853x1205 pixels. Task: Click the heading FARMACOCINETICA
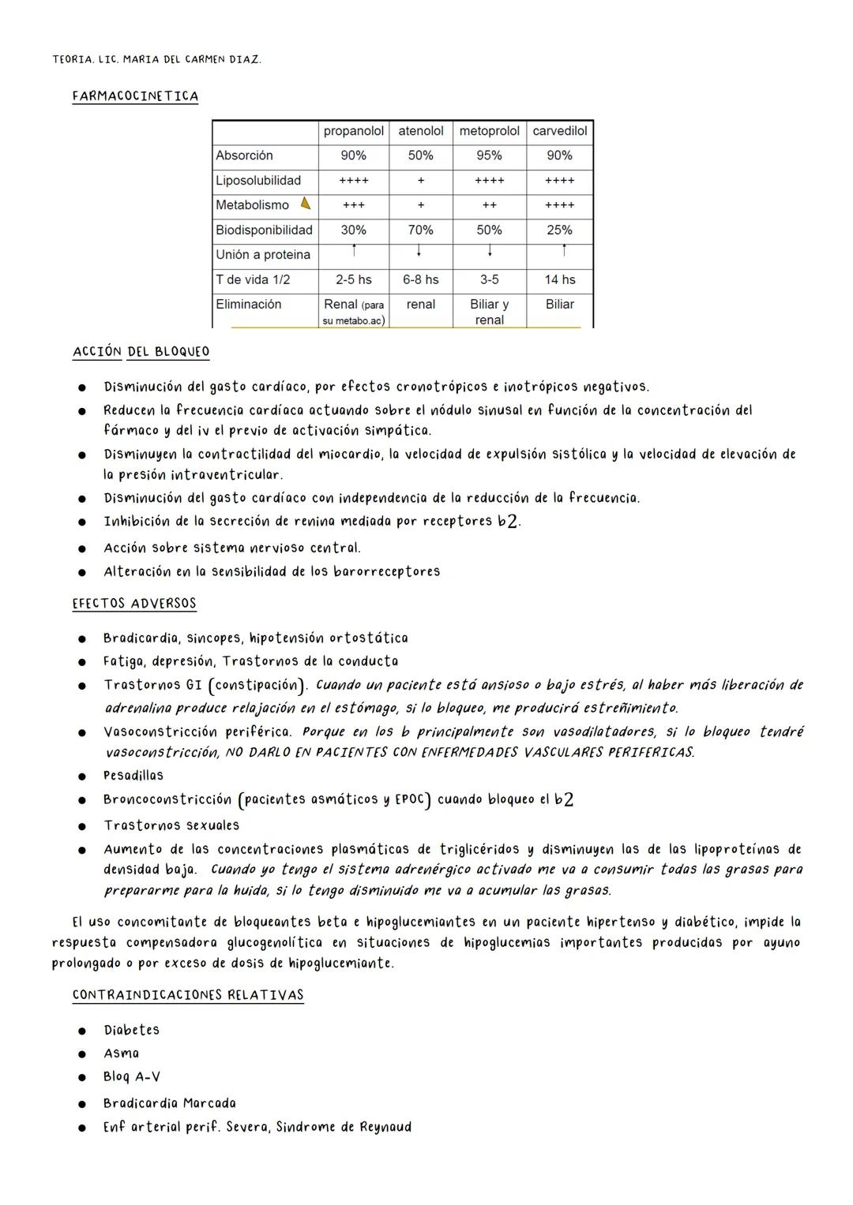[x=135, y=96]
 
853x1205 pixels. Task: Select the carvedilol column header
[x=559, y=131]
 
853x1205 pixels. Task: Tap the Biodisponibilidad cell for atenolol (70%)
[x=420, y=230]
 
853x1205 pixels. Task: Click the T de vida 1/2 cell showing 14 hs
[x=559, y=279]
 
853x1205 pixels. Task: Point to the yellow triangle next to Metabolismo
[x=306, y=204]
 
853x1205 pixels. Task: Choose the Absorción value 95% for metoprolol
[x=489, y=155]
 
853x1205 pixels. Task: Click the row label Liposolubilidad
[x=258, y=180]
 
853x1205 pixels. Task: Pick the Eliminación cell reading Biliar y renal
[x=489, y=312]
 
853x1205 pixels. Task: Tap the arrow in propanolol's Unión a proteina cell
[x=354, y=251]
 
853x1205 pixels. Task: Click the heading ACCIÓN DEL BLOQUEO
[x=141, y=352]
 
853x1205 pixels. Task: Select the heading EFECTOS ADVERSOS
[x=134, y=604]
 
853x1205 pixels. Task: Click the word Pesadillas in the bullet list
[x=133, y=775]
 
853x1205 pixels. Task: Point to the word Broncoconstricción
[x=167, y=799]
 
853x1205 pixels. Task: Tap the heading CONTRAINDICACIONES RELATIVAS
[x=188, y=995]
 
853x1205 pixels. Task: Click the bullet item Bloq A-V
[x=131, y=1076]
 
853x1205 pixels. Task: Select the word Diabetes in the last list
[x=131, y=1030]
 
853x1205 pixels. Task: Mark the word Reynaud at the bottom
[x=385, y=1127]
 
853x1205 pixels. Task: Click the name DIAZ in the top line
[x=244, y=59]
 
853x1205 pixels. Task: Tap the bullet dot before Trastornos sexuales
[x=81, y=826]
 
